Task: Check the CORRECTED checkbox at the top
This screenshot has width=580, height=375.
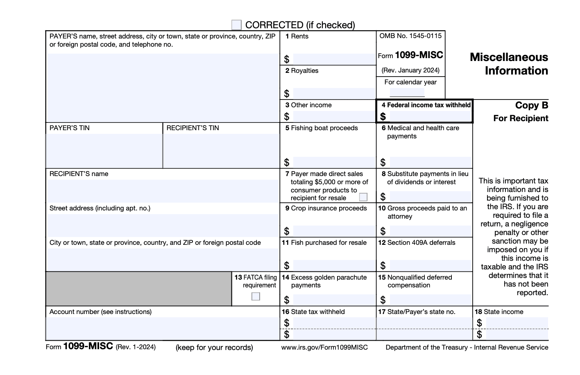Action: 236,25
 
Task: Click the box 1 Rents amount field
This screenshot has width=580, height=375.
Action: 334,59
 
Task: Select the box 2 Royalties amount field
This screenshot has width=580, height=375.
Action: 334,93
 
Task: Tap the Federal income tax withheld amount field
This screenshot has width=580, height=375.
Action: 430,117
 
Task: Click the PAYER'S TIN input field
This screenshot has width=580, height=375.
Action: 104,150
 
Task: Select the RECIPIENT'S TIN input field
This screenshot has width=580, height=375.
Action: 221,150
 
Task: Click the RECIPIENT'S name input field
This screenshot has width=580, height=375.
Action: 163,191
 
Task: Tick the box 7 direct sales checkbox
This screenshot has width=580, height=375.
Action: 363,197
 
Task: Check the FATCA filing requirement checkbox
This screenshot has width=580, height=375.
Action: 256,296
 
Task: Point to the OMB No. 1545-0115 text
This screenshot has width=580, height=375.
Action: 410,36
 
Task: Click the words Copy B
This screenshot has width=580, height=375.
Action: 531,105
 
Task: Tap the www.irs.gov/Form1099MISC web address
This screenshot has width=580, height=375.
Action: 324,348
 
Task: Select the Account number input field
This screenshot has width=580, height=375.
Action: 163,328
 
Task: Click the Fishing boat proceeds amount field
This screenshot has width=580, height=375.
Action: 334,162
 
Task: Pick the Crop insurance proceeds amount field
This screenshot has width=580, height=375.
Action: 334,231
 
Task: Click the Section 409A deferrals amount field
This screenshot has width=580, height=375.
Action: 430,265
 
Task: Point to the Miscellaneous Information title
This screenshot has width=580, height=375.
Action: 509,64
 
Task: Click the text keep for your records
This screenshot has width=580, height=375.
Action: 214,348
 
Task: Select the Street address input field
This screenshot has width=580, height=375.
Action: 163,225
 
